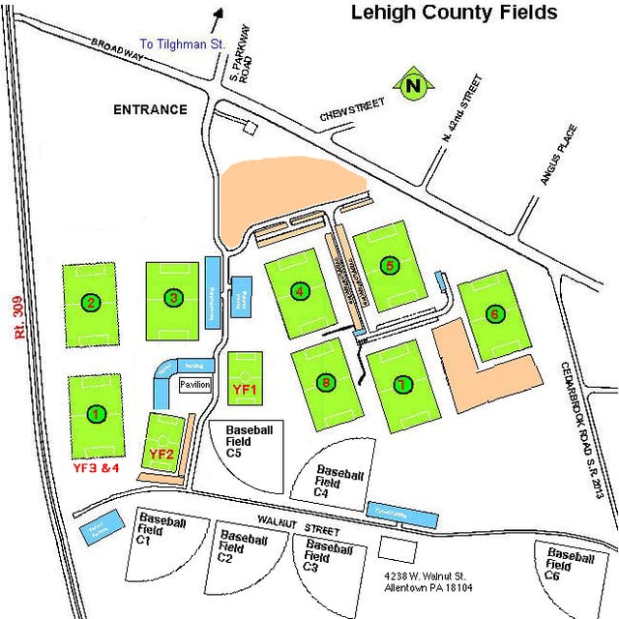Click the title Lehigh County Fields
pyautogui.click(x=453, y=13)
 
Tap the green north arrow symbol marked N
pyautogui.click(x=415, y=86)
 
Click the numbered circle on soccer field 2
pyautogui.click(x=90, y=302)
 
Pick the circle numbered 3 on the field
pyautogui.click(x=172, y=298)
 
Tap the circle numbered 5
pyautogui.click(x=390, y=265)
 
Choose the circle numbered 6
pyautogui.click(x=494, y=313)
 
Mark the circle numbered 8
pyautogui.click(x=327, y=384)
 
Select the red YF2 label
pyautogui.click(x=161, y=454)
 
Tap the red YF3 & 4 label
pyautogui.click(x=96, y=467)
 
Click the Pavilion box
pyautogui.click(x=194, y=384)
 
